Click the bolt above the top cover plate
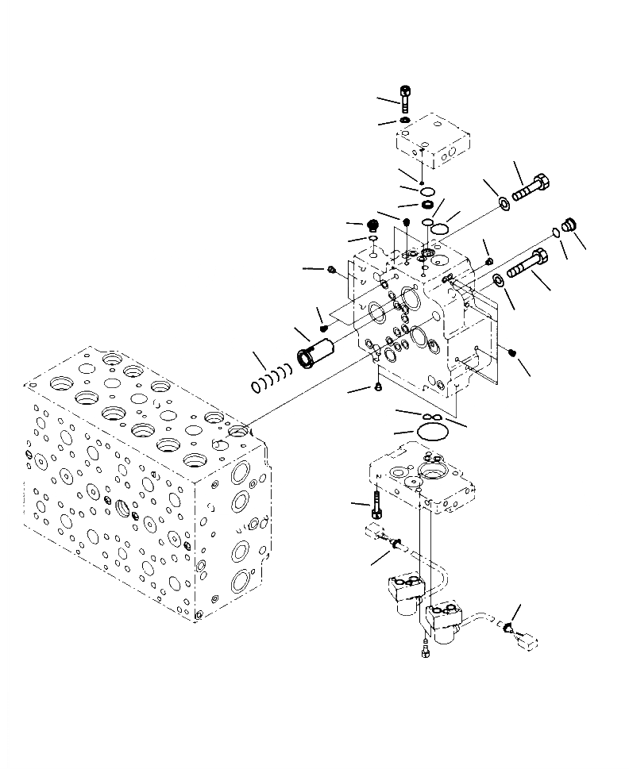(406, 98)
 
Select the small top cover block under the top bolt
(433, 144)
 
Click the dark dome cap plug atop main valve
(372, 226)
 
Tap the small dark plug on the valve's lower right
(513, 352)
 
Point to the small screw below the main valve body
(378, 387)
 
